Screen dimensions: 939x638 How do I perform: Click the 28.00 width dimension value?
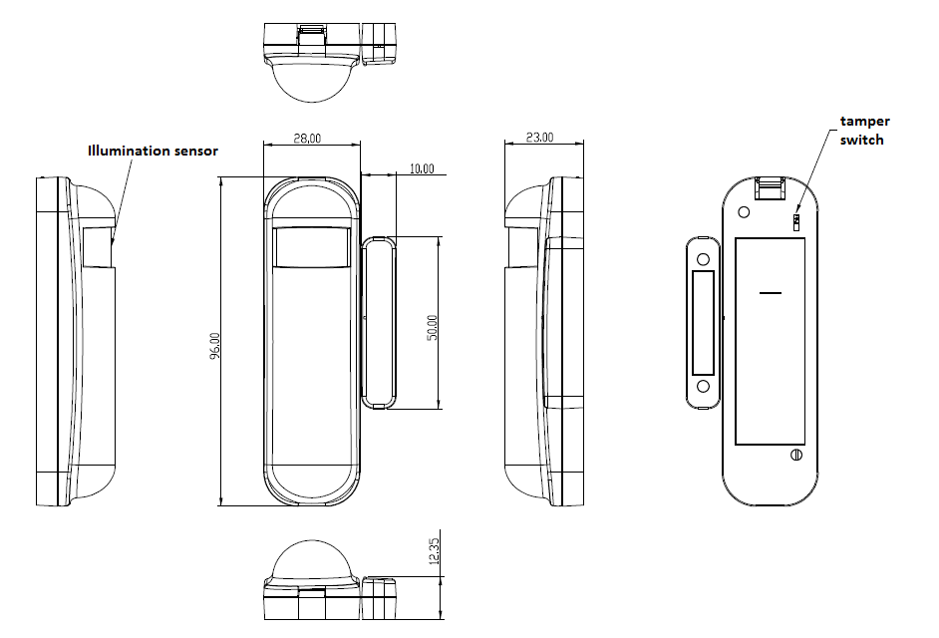coord(307,138)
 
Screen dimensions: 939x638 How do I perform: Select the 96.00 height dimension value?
coord(215,346)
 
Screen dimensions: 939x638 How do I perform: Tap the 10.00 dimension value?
coord(422,168)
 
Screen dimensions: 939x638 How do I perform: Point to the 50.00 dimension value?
coord(432,327)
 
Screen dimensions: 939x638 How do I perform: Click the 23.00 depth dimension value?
coord(539,138)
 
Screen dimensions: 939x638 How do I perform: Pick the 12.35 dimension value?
coord(435,550)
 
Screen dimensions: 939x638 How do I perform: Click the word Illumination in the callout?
coord(129,151)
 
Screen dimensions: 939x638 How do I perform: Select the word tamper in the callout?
coord(865,122)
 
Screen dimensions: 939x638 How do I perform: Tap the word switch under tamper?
coord(862,141)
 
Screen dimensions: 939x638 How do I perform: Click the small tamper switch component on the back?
coord(795,221)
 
